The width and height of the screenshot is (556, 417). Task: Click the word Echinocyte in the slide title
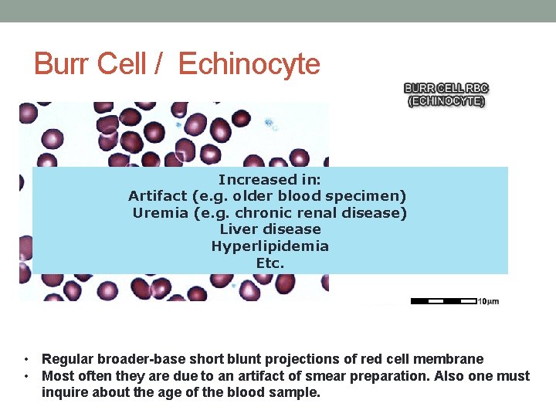(x=249, y=64)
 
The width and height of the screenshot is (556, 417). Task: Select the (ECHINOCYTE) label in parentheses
(x=447, y=100)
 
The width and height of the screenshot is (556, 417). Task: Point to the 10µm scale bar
(x=445, y=301)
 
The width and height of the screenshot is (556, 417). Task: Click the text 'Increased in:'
(x=270, y=179)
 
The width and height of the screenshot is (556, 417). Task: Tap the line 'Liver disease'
(x=270, y=229)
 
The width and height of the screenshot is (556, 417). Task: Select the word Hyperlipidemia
(x=270, y=246)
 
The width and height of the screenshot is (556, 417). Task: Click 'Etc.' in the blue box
(x=270, y=263)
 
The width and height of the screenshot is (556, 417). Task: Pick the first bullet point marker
(x=27, y=359)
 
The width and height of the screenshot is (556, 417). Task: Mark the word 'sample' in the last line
(x=294, y=392)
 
